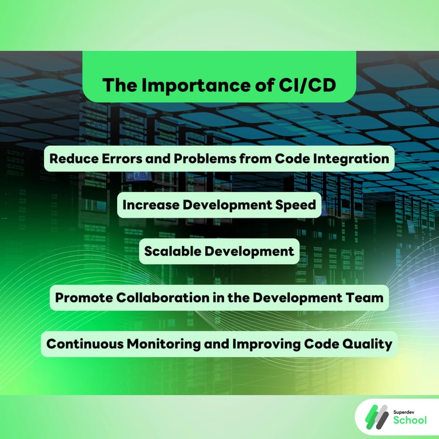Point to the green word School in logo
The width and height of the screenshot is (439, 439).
tap(410, 421)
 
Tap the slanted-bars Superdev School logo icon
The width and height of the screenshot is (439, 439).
tap(377, 416)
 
